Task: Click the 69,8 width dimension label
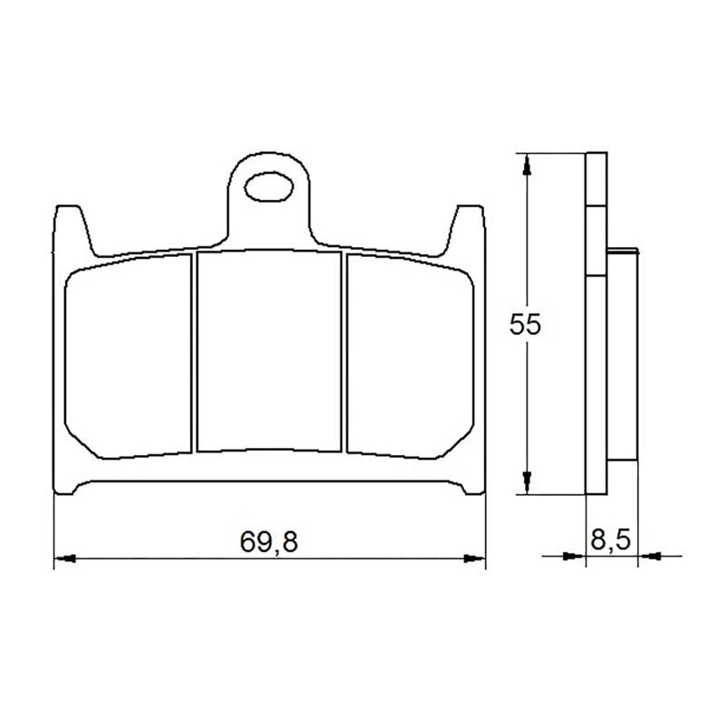[269, 541]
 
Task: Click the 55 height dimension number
[525, 325]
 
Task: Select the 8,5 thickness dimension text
[610, 539]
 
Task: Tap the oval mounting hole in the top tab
[269, 187]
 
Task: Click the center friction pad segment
[269, 350]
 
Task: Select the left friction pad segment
[129, 357]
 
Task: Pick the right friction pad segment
[410, 357]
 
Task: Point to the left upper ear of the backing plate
[73, 230]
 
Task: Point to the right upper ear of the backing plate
[465, 230]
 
